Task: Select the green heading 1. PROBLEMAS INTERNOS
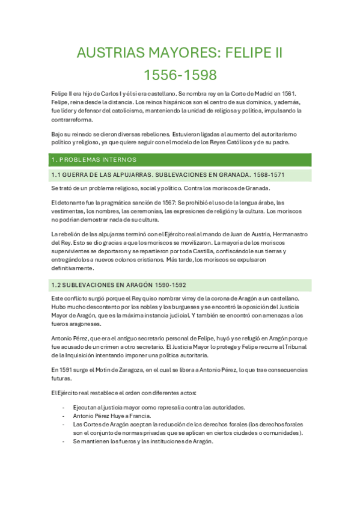(x=94, y=159)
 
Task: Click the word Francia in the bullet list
(x=139, y=416)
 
